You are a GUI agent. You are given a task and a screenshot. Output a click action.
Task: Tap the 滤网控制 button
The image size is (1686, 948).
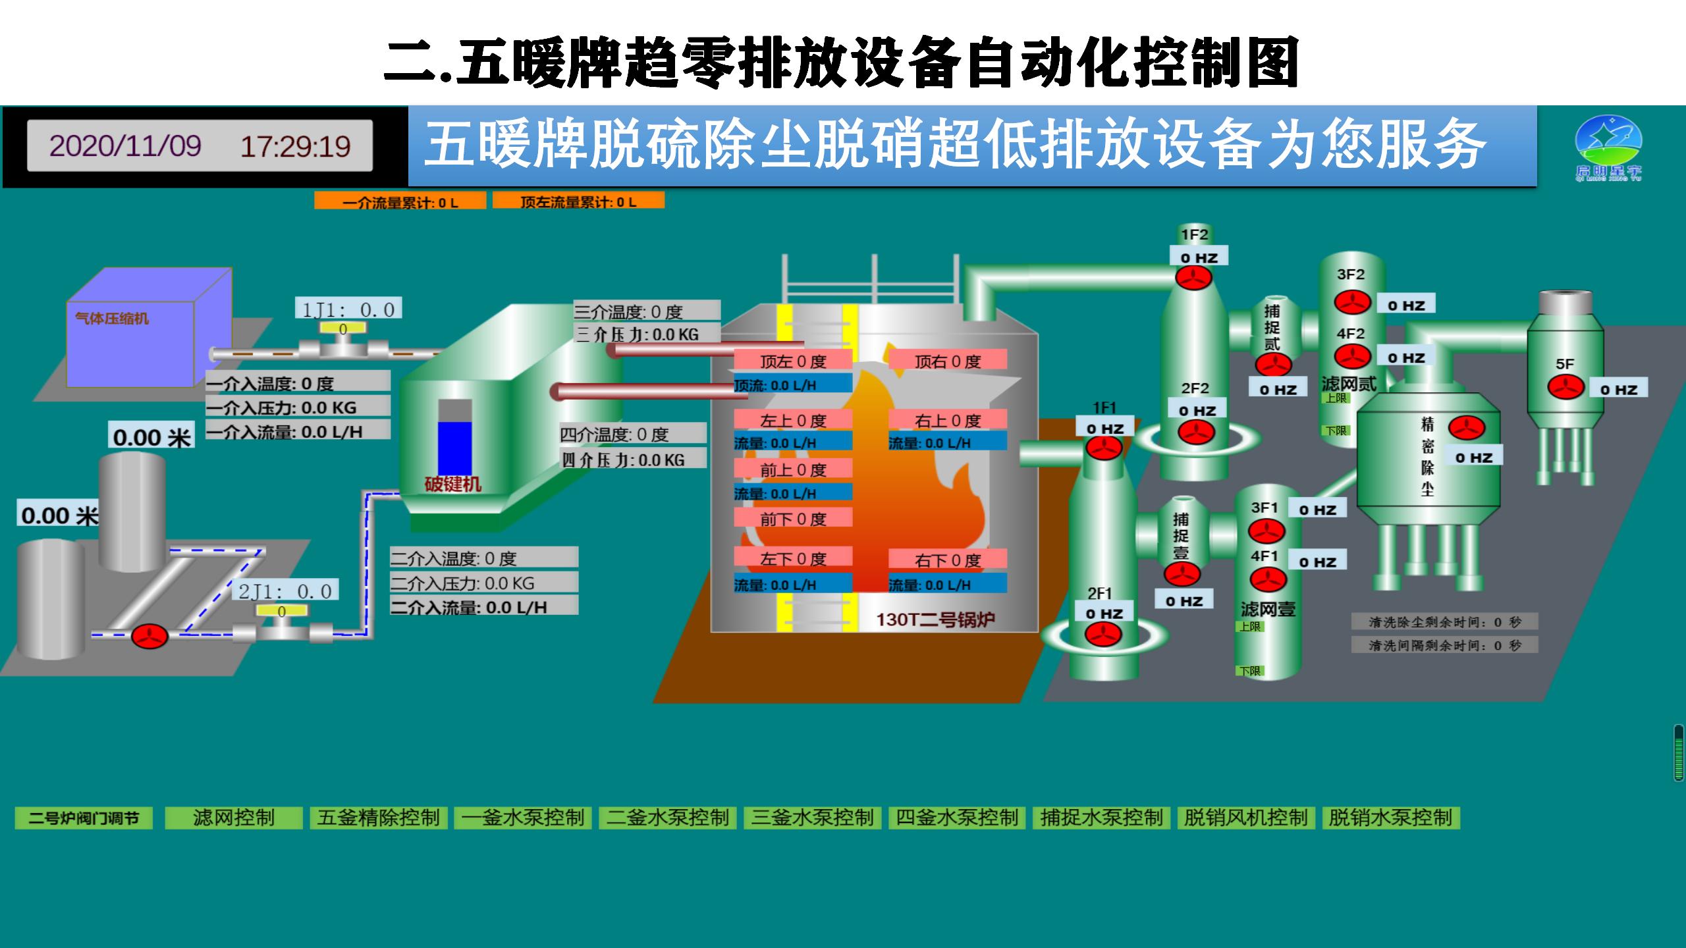coord(233,818)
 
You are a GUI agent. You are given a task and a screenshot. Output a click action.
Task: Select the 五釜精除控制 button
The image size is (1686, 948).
coord(379,818)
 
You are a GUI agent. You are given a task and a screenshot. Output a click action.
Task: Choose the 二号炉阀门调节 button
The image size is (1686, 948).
coord(84,818)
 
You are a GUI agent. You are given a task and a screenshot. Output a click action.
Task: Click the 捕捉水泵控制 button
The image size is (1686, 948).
coord(1101,818)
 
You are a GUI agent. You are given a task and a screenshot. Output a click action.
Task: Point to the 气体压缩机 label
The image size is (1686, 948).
coord(112,319)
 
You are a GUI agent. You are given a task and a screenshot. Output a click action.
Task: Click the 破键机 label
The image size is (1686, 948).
coord(452,485)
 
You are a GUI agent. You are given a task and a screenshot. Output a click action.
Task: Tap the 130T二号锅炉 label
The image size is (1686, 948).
coord(935,619)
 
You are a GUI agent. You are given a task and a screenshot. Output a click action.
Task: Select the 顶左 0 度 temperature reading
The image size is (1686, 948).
coord(793,361)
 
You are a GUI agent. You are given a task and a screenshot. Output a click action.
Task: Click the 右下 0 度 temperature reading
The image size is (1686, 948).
coord(948,560)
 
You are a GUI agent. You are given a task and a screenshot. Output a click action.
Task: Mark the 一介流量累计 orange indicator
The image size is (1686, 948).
coord(400,201)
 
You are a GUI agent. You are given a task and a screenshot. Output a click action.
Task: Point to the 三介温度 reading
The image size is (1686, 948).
coord(647,311)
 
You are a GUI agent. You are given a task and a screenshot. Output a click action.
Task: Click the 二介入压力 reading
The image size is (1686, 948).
coord(483,583)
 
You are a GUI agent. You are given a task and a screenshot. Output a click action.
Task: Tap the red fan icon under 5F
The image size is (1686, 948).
coord(1565,387)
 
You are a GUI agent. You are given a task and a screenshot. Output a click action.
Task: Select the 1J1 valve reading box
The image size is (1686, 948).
coord(348,309)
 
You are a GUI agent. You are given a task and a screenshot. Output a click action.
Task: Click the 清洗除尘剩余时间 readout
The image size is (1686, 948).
coord(1445,621)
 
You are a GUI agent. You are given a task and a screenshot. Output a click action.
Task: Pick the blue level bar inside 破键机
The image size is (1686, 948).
coord(455,448)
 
